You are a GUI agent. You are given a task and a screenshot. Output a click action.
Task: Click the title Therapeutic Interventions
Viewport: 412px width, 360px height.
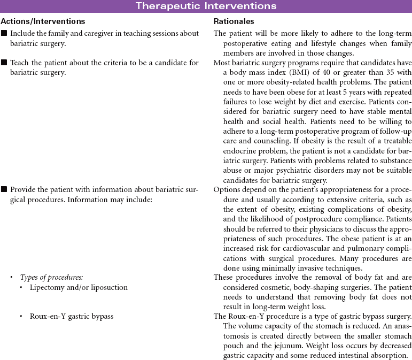point(206,6)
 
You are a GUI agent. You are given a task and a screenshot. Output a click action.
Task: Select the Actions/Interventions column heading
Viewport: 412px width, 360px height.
point(43,21)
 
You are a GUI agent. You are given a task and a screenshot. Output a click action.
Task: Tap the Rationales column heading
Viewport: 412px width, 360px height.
point(234,21)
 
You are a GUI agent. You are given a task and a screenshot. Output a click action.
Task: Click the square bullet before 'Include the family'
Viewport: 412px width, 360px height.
point(4,34)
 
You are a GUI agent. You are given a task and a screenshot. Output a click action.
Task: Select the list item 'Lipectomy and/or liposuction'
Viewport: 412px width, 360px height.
point(79,287)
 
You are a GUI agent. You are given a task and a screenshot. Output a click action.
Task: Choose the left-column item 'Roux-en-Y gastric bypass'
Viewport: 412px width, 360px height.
point(72,316)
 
